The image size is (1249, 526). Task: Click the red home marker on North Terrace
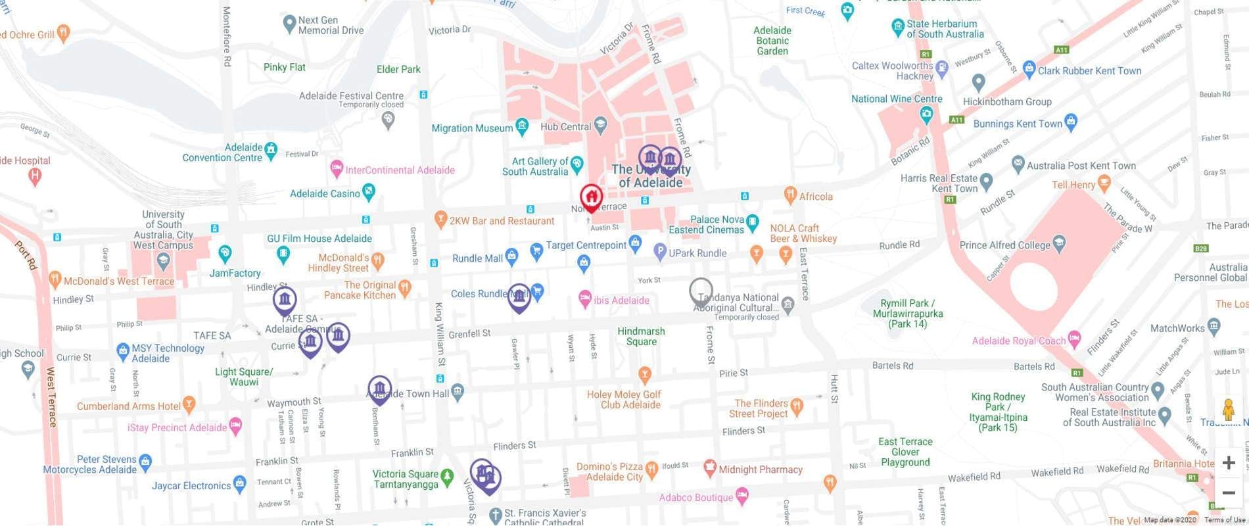591,197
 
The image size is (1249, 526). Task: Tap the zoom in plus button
1228,463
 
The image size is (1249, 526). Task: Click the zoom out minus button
1228,493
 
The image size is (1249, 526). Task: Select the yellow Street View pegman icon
1228,410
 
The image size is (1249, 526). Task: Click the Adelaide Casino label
325,194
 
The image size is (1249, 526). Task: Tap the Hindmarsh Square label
641,337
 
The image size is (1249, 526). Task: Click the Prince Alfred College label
1004,245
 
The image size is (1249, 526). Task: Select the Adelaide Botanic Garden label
772,41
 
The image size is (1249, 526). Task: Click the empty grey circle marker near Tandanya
701,290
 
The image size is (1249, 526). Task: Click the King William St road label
438,331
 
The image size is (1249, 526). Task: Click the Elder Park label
398,69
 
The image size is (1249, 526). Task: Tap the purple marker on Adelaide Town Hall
379,389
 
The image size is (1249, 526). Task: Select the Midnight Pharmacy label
760,469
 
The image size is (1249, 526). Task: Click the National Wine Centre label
897,99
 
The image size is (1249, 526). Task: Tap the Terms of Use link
1225,520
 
